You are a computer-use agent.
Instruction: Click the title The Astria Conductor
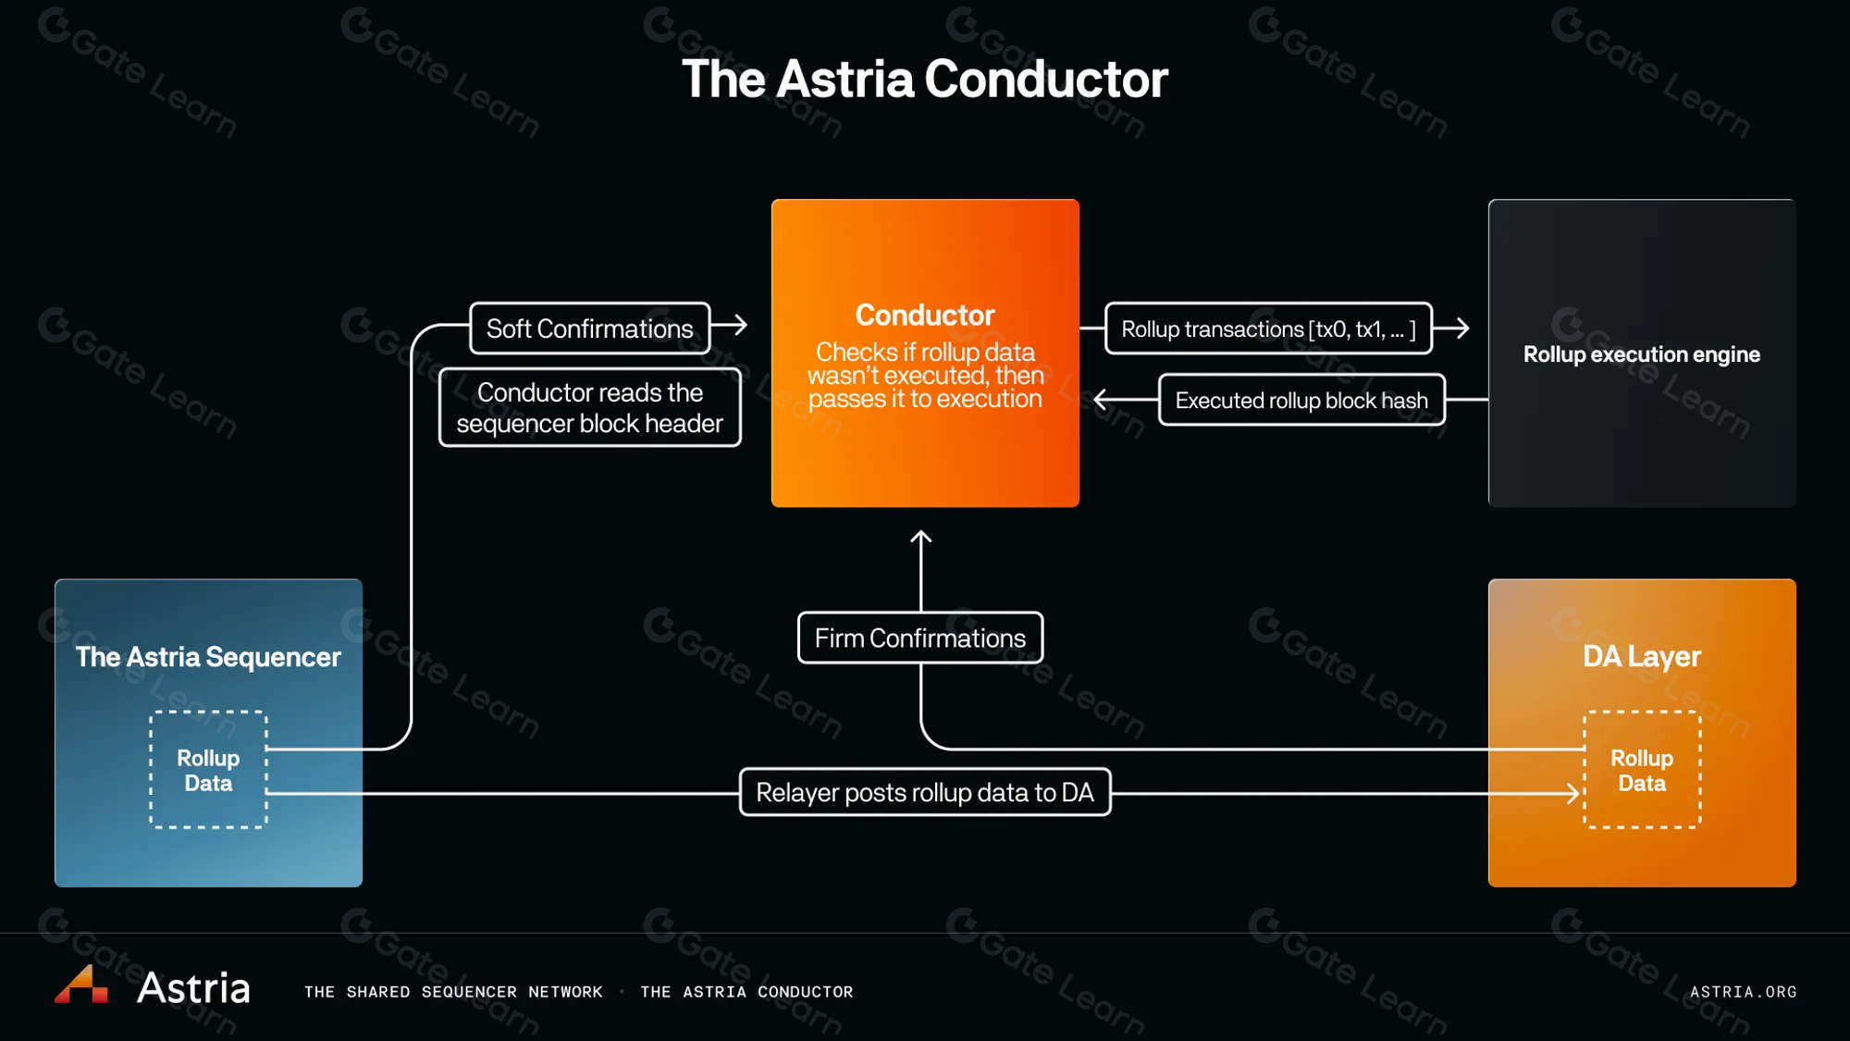[x=924, y=80]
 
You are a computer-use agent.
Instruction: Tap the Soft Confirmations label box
[x=589, y=328]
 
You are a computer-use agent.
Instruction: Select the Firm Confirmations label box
[x=920, y=638]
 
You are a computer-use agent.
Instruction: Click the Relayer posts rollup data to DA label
[x=925, y=792]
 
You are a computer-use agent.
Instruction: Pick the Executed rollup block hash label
[x=1301, y=400]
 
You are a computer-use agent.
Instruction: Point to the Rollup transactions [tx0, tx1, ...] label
[x=1268, y=328]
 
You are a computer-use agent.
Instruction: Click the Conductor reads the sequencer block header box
[x=589, y=408]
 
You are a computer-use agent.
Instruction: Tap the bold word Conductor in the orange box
[x=925, y=315]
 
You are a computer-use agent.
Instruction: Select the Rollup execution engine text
[x=1641, y=354]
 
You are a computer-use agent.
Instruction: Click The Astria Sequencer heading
[x=208, y=657]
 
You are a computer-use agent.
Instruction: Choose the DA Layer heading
[x=1641, y=656]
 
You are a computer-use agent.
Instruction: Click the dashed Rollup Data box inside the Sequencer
[x=208, y=770]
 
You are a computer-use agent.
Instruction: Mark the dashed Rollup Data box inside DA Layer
[x=1642, y=770]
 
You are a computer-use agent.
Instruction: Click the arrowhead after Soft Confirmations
[x=740, y=325]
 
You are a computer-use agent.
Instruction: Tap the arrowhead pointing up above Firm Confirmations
[x=921, y=537]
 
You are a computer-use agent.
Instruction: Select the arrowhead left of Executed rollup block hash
[x=1101, y=400]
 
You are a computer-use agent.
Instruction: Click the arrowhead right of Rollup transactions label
[x=1461, y=328]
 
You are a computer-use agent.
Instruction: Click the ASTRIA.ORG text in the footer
[x=1743, y=992]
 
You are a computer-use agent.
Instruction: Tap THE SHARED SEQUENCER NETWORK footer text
[x=453, y=992]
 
